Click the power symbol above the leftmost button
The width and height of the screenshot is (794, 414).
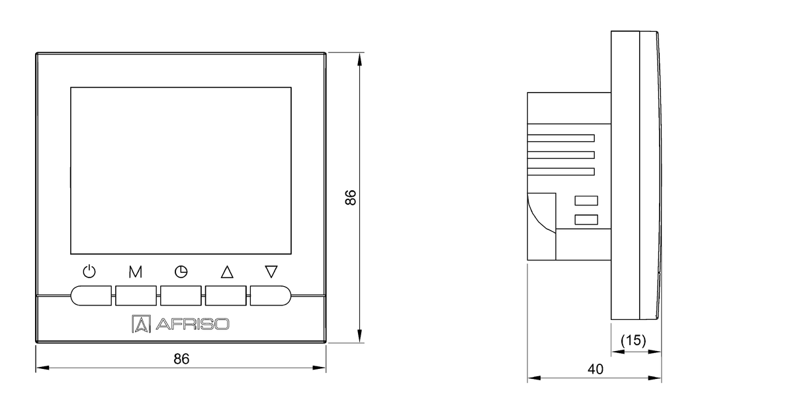tap(90, 271)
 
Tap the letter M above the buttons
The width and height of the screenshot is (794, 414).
tap(136, 271)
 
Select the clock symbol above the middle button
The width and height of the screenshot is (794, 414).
tap(181, 271)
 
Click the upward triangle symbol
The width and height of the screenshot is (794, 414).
tap(227, 271)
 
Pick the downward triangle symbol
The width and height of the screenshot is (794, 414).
tap(271, 271)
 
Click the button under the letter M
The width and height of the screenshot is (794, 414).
tap(136, 295)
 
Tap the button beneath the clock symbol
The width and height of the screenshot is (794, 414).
tap(181, 295)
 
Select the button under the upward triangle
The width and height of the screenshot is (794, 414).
tap(226, 295)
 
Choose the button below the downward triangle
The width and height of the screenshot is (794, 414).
tap(271, 295)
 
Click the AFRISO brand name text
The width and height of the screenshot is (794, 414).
tap(192, 324)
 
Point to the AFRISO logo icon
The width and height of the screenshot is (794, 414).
tap(141, 323)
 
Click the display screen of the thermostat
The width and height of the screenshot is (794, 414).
tap(180, 171)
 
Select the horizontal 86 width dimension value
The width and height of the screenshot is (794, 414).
tap(181, 358)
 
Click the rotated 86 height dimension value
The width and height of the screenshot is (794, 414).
tap(351, 197)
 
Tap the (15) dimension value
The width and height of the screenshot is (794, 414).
tap(633, 340)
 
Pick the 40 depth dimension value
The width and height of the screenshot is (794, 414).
tap(595, 370)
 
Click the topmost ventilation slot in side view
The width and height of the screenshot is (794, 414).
tap(561, 138)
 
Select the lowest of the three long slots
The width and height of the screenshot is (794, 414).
tap(561, 172)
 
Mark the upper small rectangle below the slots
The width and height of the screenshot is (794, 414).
tap(586, 201)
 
